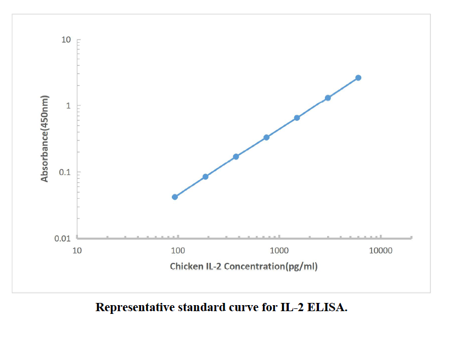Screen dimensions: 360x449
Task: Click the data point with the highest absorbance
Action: (x=358, y=78)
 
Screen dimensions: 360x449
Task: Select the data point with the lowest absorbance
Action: (x=175, y=196)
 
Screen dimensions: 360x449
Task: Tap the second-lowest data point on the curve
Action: (x=205, y=177)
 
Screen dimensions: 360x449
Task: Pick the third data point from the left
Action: (x=236, y=156)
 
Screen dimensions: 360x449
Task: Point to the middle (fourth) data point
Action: (x=267, y=137)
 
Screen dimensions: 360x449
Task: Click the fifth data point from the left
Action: (x=297, y=118)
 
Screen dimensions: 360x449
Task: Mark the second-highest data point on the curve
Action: (x=328, y=98)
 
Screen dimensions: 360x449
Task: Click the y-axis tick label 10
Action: (x=67, y=40)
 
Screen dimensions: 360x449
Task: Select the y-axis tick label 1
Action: (x=69, y=106)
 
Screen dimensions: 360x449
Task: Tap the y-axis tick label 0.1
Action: (x=65, y=172)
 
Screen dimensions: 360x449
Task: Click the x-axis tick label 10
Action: (x=77, y=251)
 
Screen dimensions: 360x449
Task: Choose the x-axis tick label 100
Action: (x=178, y=251)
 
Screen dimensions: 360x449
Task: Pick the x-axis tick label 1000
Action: (x=279, y=251)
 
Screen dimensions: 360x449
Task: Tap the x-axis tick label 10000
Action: (x=380, y=251)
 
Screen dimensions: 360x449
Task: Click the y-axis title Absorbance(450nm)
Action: (x=46, y=139)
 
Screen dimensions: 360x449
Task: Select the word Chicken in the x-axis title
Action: (x=186, y=267)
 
